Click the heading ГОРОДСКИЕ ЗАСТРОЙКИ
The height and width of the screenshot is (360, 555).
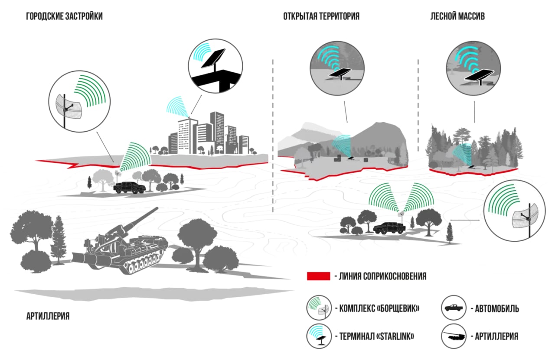(65, 16)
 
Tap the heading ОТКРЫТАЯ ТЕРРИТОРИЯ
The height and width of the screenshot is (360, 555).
(321, 16)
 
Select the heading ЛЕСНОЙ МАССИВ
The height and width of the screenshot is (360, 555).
(457, 16)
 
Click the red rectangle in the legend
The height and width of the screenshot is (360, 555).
(318, 276)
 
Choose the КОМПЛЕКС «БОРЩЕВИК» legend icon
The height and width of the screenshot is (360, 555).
(319, 308)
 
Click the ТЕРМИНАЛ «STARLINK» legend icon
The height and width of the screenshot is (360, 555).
(319, 336)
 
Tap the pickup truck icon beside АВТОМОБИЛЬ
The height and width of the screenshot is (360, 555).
(454, 308)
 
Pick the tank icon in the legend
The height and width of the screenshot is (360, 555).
(454, 336)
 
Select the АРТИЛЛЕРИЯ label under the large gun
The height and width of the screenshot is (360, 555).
(48, 316)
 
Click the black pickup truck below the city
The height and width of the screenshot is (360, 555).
(129, 188)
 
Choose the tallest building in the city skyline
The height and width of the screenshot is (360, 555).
(217, 133)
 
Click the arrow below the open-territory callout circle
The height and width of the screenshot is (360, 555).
(346, 112)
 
